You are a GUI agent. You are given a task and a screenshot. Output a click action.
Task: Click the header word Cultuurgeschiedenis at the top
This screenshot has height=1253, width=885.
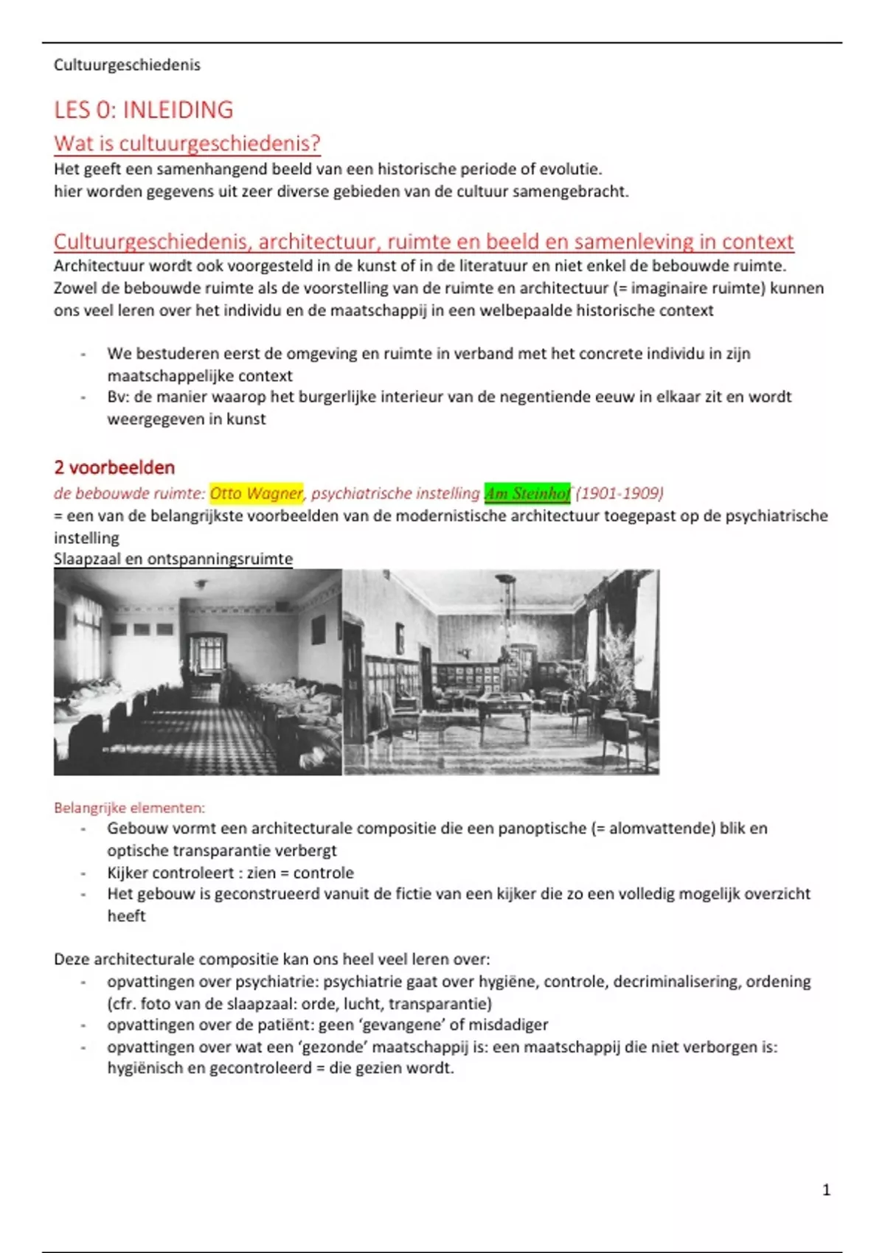click(127, 65)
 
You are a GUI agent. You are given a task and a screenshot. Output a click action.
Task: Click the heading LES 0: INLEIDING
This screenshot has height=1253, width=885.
click(143, 110)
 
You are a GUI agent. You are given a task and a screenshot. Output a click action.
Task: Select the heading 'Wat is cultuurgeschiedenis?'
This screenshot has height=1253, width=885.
click(187, 143)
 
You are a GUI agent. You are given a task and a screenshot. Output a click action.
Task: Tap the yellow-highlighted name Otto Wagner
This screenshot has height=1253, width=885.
click(256, 493)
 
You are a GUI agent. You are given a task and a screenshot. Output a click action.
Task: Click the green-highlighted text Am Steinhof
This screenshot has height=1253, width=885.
click(527, 493)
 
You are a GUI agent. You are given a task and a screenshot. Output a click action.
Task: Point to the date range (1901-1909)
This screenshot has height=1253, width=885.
click(619, 493)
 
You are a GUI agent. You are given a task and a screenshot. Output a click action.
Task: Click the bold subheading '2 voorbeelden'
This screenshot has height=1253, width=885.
click(114, 467)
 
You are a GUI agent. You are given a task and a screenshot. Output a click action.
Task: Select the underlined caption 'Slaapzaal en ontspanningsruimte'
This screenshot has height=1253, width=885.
click(173, 559)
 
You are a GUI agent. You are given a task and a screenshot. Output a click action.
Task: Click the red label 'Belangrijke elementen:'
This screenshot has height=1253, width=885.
click(129, 808)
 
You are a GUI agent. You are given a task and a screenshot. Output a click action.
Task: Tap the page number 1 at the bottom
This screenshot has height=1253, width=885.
click(826, 1190)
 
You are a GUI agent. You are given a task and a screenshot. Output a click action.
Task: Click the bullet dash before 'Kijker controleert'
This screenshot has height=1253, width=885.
click(83, 873)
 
